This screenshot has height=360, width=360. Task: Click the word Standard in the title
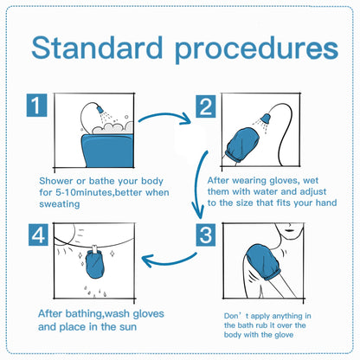point(97,48)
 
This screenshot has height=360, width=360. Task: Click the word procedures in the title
point(256,50)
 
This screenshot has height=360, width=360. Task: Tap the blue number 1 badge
point(36,106)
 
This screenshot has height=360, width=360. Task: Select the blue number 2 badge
point(206,106)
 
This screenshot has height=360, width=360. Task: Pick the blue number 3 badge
point(206,235)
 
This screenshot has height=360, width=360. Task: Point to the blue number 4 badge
point(38,235)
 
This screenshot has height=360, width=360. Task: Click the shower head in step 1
point(100,110)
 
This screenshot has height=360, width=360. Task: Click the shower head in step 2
point(266,118)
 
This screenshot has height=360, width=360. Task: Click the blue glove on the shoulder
point(263,261)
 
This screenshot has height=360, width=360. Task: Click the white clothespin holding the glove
point(94,248)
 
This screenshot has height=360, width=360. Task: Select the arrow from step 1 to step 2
point(164,116)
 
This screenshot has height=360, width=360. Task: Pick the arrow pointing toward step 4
point(170,260)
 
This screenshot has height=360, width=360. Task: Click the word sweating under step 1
point(60,204)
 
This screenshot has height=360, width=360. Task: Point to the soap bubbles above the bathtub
point(113,128)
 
